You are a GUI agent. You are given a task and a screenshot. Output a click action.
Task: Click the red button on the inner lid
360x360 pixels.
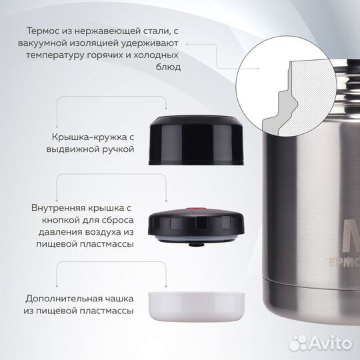click(x=196, y=209)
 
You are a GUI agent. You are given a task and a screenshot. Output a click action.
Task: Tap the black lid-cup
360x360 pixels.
click(x=196, y=140)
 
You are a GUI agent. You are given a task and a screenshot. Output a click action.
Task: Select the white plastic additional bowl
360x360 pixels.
click(x=196, y=307)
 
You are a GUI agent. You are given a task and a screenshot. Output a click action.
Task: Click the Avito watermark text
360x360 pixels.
click(x=331, y=343)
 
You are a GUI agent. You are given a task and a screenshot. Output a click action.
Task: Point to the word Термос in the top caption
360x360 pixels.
click(x=43, y=31)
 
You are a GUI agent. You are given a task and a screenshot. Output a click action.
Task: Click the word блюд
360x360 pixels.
click(x=168, y=67)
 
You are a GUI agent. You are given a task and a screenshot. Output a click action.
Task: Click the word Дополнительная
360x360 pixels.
click(x=63, y=299)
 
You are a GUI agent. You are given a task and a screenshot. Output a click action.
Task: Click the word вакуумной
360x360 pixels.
click(x=43, y=43)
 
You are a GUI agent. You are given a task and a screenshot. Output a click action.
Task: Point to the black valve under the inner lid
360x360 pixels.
click(x=196, y=243)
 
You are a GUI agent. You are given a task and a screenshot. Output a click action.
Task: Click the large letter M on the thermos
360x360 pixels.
click(x=351, y=235)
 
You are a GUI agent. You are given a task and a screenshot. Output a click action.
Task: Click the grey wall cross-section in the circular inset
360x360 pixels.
click(x=279, y=109)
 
